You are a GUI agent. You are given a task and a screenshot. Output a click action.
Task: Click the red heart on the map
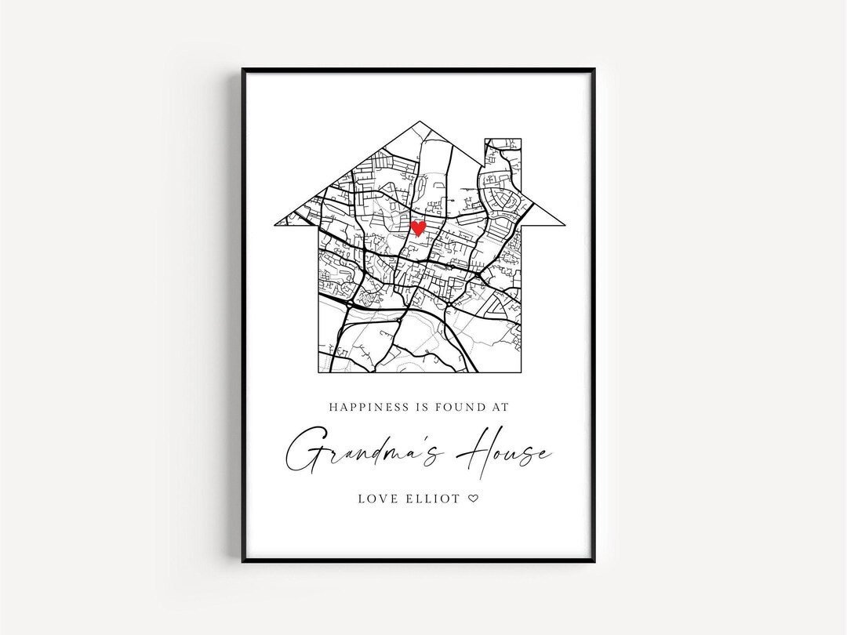tap(419, 228)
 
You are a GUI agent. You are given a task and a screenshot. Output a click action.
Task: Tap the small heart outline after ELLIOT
tap(473, 498)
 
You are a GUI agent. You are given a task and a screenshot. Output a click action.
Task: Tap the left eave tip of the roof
tap(275, 224)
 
